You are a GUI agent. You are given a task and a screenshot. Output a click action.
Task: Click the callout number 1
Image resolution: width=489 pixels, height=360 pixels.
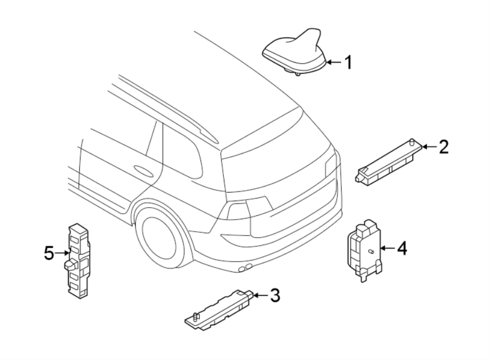tap(348, 63)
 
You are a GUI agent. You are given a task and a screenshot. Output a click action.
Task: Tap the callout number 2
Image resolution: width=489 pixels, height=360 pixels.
tap(444, 146)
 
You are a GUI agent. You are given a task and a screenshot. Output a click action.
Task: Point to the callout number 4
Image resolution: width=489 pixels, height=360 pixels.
tap(402, 249)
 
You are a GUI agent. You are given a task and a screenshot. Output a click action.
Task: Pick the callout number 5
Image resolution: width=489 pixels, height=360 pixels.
tap(49, 253)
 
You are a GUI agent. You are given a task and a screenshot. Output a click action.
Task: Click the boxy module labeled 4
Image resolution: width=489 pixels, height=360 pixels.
tap(362, 247)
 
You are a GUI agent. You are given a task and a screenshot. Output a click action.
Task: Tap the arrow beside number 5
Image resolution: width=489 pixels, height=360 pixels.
tap(61, 253)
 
